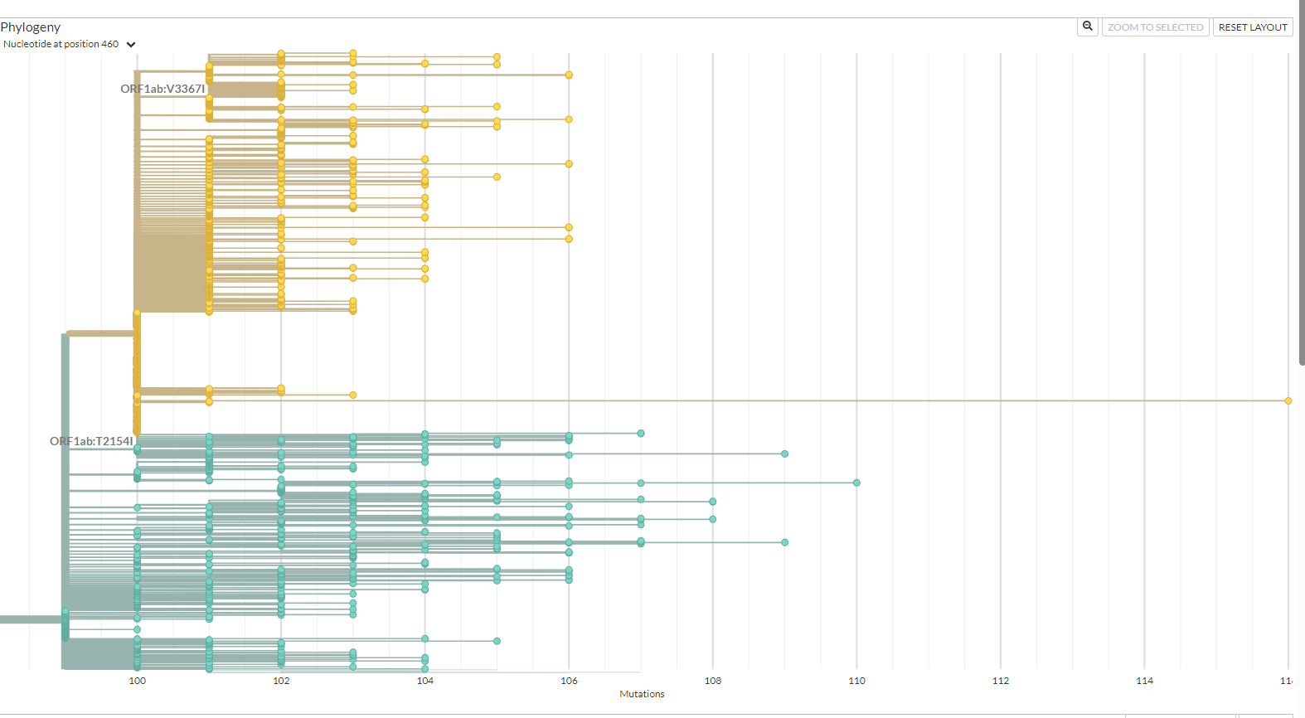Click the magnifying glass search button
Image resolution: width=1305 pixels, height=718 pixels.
[1087, 27]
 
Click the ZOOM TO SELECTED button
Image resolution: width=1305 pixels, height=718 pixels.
[1155, 27]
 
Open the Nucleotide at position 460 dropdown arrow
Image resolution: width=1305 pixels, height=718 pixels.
[131, 45]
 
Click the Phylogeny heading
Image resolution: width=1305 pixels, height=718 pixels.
[31, 27]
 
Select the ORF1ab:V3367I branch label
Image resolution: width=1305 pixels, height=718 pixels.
[163, 89]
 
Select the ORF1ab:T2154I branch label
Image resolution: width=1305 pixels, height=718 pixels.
[91, 441]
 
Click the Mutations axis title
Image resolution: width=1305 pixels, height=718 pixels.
[642, 694]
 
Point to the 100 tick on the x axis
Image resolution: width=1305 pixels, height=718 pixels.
[137, 681]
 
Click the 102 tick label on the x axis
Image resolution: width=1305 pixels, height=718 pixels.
[281, 681]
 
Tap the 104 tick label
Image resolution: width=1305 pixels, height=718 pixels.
[425, 681]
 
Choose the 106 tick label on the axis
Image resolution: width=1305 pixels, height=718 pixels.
[569, 681]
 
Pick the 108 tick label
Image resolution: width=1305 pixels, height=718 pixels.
[713, 681]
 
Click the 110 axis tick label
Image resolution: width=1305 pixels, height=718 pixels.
[856, 681]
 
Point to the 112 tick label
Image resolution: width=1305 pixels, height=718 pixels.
[1001, 681]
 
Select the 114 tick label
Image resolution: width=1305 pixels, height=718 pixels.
[1144, 681]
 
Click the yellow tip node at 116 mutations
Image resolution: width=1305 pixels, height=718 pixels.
[1288, 400]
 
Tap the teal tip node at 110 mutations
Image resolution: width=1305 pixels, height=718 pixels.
[856, 483]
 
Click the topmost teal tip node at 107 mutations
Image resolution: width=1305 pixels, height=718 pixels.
[641, 433]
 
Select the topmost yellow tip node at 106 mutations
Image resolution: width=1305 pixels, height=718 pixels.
[569, 75]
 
